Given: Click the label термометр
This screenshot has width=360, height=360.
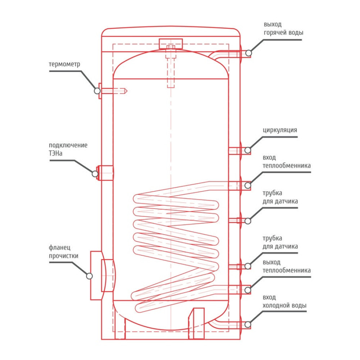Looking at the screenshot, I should [64, 64].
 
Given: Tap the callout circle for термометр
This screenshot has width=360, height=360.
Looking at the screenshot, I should [97, 91].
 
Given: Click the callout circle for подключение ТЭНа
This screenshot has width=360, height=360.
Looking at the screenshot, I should [95, 174].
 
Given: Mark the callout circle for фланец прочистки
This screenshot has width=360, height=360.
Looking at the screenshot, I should [89, 276].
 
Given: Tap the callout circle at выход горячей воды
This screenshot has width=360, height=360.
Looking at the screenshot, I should [248, 53].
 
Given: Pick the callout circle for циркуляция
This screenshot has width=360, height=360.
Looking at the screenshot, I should [248, 150].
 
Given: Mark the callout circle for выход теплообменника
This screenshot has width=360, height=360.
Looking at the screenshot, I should [248, 289].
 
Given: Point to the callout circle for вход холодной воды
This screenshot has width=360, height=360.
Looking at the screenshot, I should [248, 325].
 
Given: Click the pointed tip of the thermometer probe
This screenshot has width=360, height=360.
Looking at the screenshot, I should [126, 91].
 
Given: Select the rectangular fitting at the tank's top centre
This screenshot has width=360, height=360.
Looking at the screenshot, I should [170, 43].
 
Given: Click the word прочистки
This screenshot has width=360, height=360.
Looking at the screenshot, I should [64, 256].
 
